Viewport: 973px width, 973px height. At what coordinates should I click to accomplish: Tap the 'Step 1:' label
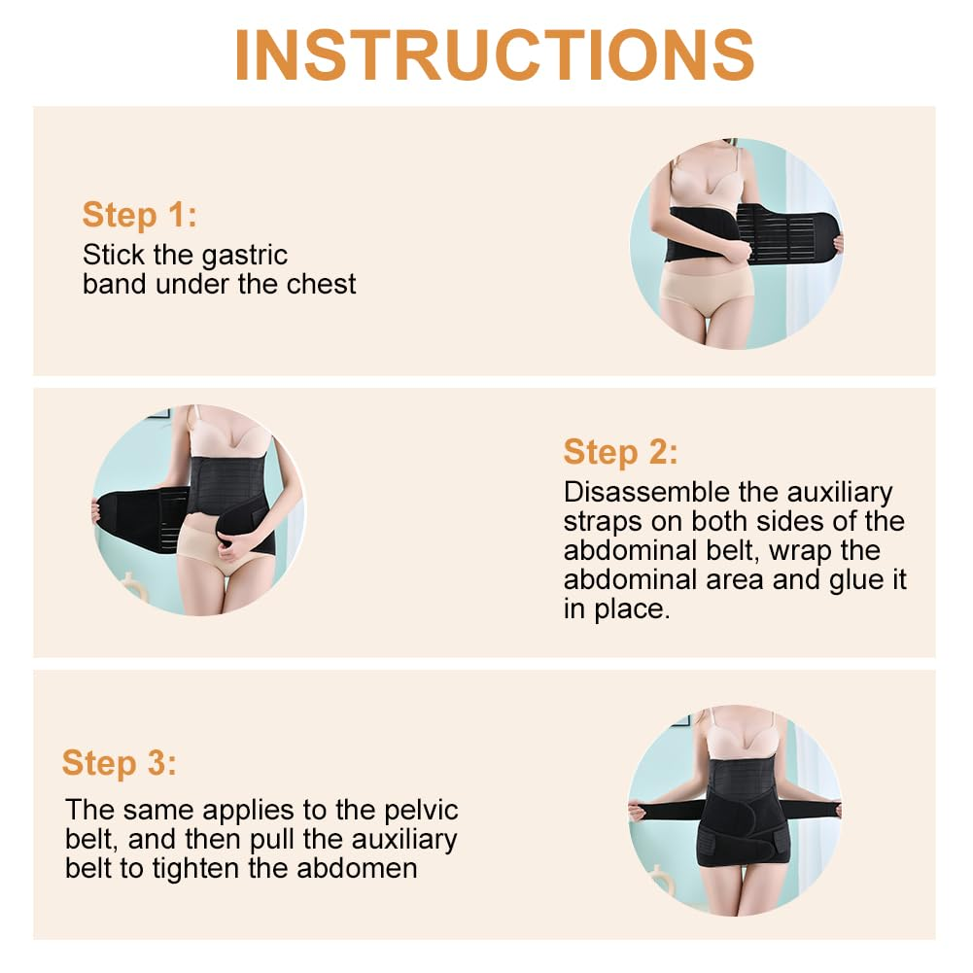[139, 215]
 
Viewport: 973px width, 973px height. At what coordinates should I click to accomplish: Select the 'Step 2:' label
[620, 452]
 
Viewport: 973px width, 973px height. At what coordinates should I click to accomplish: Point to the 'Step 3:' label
[120, 763]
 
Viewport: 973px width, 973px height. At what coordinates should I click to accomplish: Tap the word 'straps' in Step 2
[607, 521]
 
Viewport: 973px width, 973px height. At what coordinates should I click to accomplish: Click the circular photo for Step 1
[736, 243]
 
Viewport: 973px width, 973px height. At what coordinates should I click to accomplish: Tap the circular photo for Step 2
[198, 509]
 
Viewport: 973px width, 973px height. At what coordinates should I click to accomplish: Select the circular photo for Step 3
[734, 809]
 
